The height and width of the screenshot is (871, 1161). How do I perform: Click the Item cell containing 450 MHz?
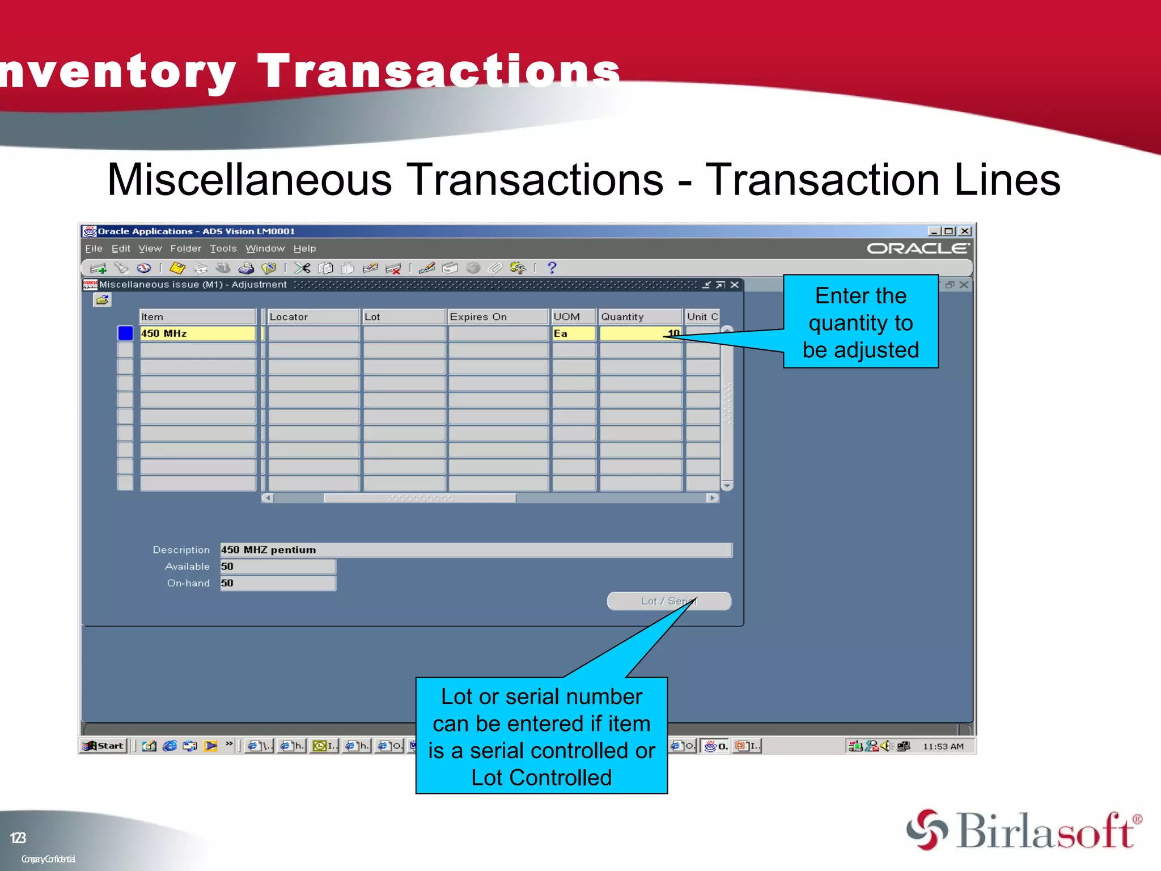click(x=197, y=333)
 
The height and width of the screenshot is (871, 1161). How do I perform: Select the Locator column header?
click(x=313, y=316)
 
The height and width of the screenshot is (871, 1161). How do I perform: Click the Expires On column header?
click(x=497, y=316)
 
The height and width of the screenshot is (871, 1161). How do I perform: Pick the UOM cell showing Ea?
click(x=573, y=333)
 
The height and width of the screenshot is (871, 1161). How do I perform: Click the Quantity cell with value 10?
click(x=640, y=333)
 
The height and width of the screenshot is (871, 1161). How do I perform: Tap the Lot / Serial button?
click(x=668, y=601)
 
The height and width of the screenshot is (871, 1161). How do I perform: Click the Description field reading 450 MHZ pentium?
click(x=475, y=550)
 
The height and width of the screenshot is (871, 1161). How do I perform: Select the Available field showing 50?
click(x=277, y=566)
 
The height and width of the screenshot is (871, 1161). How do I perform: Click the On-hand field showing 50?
click(x=277, y=584)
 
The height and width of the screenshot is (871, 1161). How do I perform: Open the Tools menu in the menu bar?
click(x=223, y=248)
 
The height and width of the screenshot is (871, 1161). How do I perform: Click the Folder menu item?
click(x=185, y=248)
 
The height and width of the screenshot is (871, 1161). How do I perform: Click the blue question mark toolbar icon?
click(x=552, y=268)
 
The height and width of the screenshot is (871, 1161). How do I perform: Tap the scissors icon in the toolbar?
click(x=302, y=268)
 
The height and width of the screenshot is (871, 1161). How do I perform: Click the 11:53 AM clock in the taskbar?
click(x=943, y=746)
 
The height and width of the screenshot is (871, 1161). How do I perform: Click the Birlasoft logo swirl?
click(x=927, y=830)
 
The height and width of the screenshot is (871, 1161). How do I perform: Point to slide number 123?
click(x=18, y=838)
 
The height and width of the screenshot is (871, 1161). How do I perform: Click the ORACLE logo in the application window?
click(x=917, y=248)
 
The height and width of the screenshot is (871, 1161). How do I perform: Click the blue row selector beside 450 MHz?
click(x=125, y=333)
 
